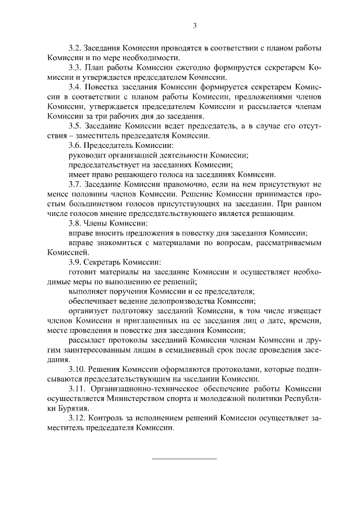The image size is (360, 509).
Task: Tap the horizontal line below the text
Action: pyautogui.click(x=184, y=458)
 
